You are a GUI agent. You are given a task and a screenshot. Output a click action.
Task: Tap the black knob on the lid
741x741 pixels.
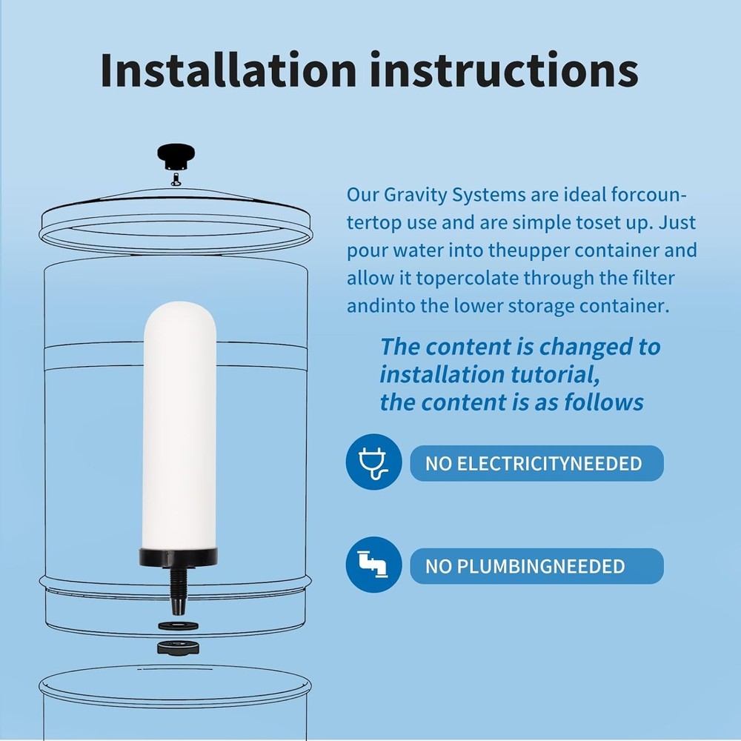175,156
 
